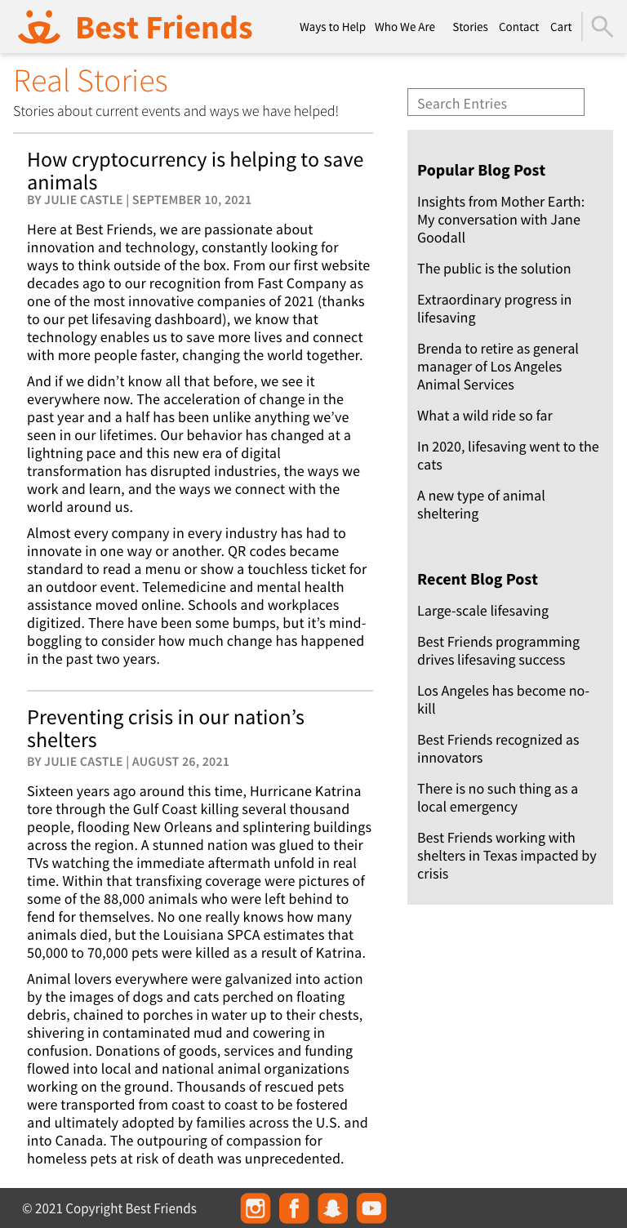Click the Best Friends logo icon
click(x=39, y=27)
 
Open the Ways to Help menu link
click(x=332, y=27)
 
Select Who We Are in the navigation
click(x=405, y=27)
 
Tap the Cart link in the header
click(x=561, y=27)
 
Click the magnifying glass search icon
click(x=602, y=26)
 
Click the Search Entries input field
click(x=496, y=103)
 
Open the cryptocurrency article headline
click(x=195, y=170)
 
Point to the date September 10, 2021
click(x=192, y=200)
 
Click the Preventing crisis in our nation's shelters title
click(x=166, y=728)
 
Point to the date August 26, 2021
click(x=180, y=762)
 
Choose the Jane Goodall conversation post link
click(x=500, y=220)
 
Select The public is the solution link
click(x=494, y=269)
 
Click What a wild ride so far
click(x=485, y=416)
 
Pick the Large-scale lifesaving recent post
click(x=482, y=611)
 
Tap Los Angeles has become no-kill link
click(x=503, y=700)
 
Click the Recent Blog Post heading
click(x=478, y=579)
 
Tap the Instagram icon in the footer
click(x=256, y=1208)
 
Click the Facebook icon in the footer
click(x=294, y=1208)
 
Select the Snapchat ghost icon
click(x=332, y=1208)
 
